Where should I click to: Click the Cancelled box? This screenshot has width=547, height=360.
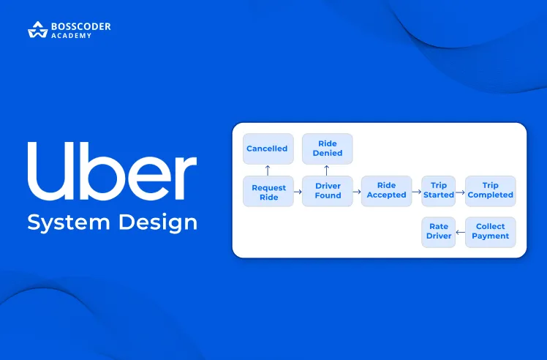268,149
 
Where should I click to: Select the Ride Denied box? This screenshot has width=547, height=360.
327,149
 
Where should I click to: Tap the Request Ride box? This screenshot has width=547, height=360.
268,192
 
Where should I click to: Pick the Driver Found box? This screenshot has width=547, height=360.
328,191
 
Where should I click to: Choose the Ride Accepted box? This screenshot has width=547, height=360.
386,191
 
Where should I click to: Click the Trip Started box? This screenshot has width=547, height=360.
438,191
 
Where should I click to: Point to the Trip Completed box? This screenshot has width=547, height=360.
490,191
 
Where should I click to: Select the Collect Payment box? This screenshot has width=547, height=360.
490,231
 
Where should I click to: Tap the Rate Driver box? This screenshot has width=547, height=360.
438,231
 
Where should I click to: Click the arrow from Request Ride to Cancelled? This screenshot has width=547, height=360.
268,170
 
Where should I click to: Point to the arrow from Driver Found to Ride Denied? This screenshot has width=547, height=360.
327,170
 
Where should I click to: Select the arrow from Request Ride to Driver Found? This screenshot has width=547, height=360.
298,191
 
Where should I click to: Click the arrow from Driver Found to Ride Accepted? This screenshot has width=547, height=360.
357,191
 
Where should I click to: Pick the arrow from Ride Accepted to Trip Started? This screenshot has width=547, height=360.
416,191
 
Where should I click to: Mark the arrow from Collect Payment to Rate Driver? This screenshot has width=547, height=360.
460,232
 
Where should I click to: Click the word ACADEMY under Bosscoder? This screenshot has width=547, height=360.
72,36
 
